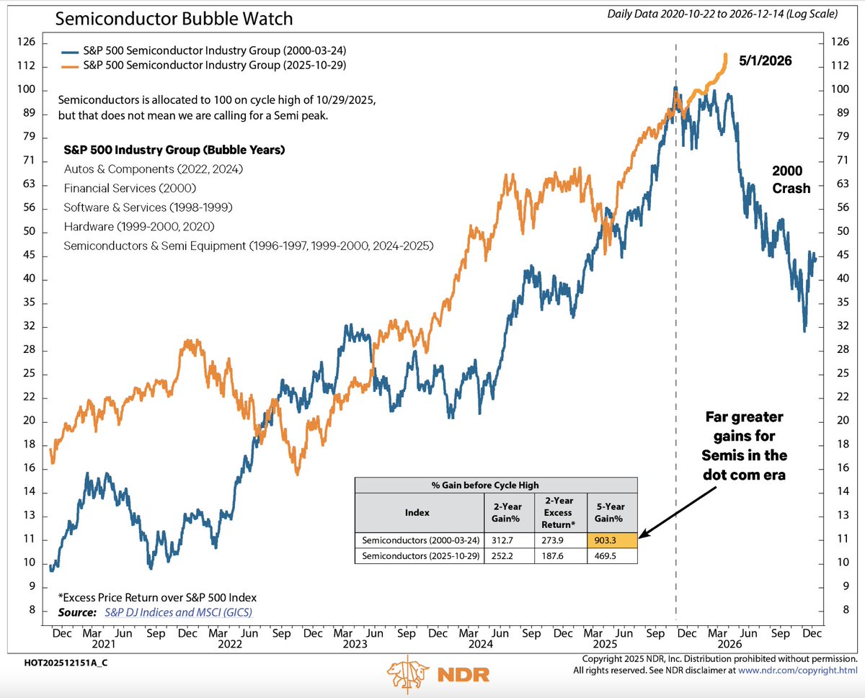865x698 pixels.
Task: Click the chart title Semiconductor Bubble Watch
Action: pos(174,19)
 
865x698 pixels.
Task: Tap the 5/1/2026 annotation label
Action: pos(765,61)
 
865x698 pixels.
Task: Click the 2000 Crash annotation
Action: pos(791,179)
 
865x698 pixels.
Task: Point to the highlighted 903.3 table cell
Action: pos(612,540)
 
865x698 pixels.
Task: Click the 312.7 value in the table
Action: pos(502,540)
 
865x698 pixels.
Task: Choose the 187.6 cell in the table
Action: pos(552,556)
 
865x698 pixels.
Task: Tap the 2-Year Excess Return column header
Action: pos(558,513)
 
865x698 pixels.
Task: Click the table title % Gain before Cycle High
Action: pos(485,486)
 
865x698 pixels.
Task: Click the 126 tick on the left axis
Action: pos(27,42)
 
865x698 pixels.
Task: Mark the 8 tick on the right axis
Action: pos(846,609)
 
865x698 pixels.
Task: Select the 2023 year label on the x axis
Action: pos(355,644)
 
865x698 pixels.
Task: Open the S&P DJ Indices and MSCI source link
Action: pos(179,612)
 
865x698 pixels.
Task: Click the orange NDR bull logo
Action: pos(407,674)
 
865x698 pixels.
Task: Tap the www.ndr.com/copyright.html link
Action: pos(797,671)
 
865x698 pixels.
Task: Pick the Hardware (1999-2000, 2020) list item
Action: pos(139,226)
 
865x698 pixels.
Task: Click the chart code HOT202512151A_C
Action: pos(66,663)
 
